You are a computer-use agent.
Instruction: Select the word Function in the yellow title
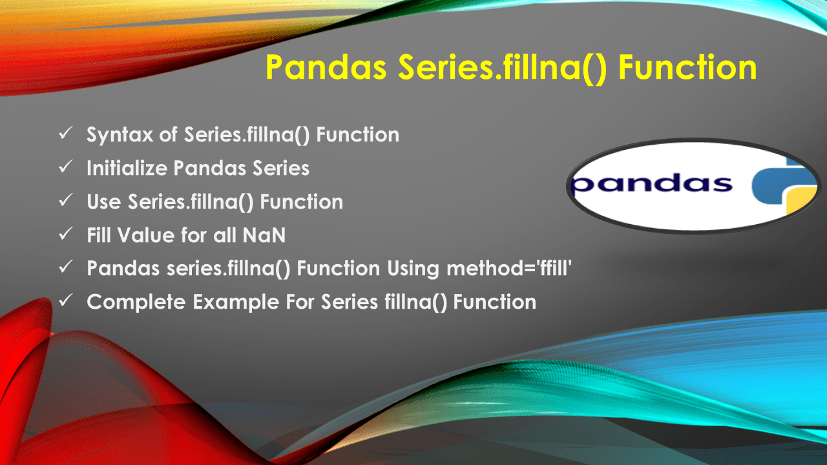688,67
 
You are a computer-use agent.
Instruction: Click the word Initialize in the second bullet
127,169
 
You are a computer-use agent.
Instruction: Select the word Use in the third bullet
104,202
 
